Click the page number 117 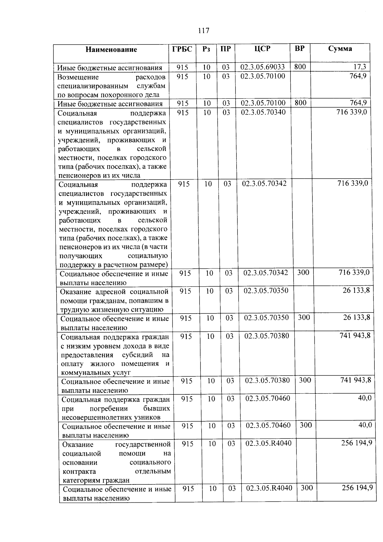coord(203,31)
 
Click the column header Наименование coord(111,50)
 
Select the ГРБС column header coord(182,49)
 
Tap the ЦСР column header coord(262,49)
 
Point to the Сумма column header coord(340,49)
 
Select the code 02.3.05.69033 coord(262,67)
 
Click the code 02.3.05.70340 coord(263,112)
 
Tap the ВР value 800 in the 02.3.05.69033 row coord(300,66)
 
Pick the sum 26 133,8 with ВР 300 coord(356,317)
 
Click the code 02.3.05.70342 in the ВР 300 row coord(266,273)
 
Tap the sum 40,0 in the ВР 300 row coord(365,425)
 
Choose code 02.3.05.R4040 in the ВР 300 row coord(269,488)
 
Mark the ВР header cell coord(300,49)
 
